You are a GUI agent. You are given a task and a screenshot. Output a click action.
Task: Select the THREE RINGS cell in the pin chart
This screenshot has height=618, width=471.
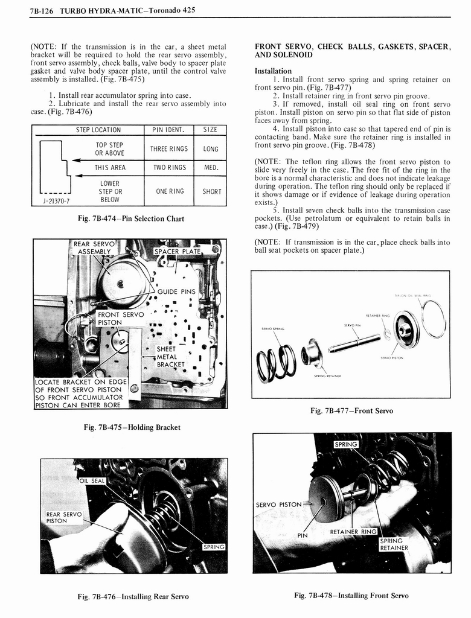pos(168,149)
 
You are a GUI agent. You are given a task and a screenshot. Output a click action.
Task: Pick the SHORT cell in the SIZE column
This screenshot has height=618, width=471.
pos(211,191)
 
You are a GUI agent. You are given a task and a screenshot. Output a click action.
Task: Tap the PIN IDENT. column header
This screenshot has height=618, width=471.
pos(168,130)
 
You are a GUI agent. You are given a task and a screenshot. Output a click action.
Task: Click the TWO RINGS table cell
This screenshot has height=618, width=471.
pos(168,168)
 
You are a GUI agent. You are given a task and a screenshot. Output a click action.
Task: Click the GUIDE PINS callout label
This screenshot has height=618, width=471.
pos(176,291)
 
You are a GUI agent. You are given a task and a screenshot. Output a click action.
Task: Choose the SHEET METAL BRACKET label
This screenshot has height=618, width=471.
pos(166,357)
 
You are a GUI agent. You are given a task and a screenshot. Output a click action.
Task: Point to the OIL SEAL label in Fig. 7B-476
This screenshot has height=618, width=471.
pos(92,480)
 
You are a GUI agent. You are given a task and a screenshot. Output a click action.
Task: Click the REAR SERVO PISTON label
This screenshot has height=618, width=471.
pos(64,517)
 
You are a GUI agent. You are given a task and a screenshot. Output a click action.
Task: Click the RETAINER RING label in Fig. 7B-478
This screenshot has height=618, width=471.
pos(353,532)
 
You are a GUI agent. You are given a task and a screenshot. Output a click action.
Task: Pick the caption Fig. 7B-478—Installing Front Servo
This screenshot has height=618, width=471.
pos(351,596)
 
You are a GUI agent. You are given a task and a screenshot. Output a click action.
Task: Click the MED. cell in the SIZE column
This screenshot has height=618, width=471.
pos(211,168)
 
